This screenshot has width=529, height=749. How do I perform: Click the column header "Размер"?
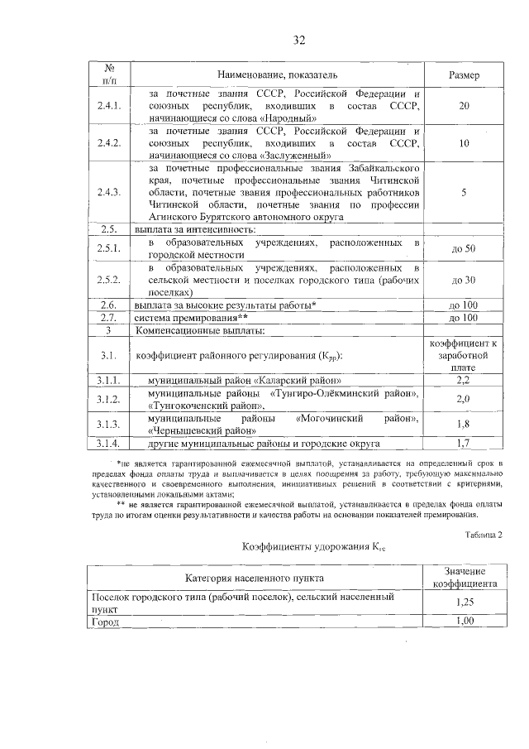click(x=464, y=75)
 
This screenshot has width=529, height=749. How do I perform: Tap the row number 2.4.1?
click(x=108, y=107)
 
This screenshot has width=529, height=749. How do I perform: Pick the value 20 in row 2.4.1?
click(x=464, y=107)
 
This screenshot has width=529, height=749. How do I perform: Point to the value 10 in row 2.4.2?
click(x=464, y=143)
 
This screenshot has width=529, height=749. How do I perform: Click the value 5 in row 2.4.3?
click(x=464, y=192)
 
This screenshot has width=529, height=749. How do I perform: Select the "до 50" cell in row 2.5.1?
click(x=464, y=248)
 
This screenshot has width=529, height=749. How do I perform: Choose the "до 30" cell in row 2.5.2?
click(x=464, y=281)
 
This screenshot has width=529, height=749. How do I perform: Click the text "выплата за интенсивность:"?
click(x=195, y=228)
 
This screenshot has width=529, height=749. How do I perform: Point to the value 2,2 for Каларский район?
click(x=464, y=380)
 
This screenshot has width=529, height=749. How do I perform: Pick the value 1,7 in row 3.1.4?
click(x=464, y=443)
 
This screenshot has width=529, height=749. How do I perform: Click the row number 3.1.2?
click(x=108, y=399)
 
